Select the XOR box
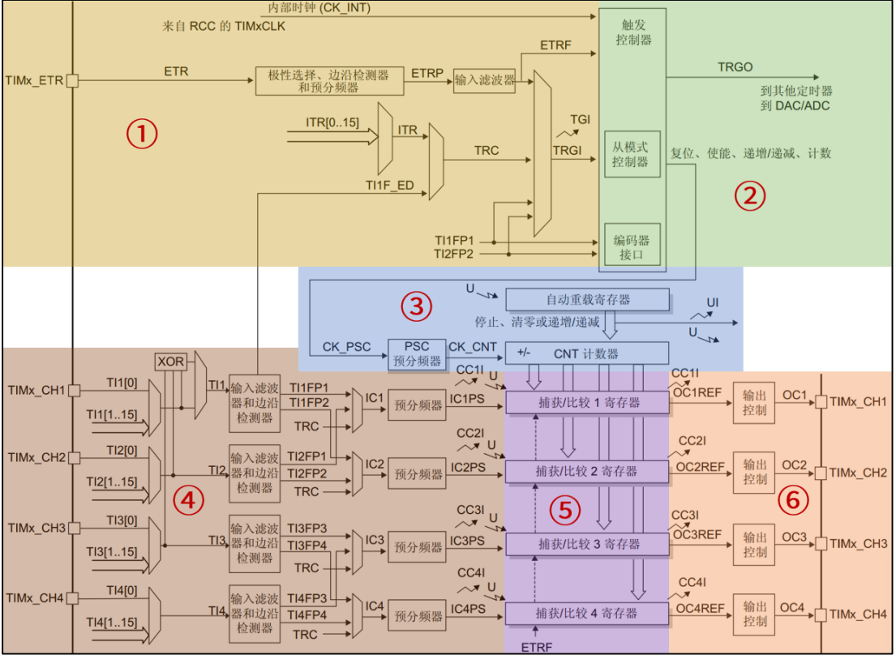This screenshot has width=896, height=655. [171, 361]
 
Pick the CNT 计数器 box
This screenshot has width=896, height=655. [588, 353]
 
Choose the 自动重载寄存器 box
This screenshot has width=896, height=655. [588, 299]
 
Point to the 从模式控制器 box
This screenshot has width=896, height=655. [632, 154]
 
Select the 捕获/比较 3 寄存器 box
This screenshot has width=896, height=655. [588, 543]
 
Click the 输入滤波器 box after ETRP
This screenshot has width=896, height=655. [484, 79]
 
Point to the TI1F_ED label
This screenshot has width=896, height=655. [389, 186]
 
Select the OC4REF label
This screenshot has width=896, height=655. [698, 608]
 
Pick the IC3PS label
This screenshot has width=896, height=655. [468, 540]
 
